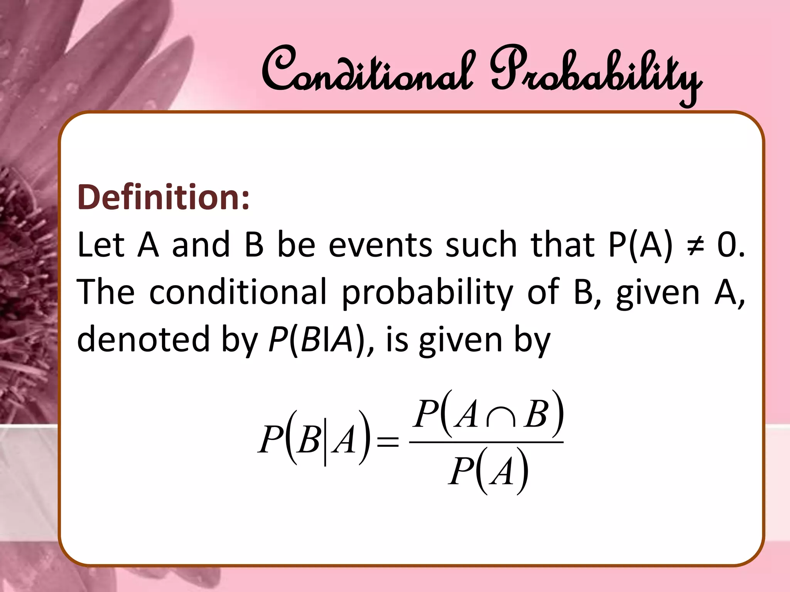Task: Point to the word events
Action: tap(380, 246)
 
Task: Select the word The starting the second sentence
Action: tap(106, 292)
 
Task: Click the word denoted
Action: tap(143, 339)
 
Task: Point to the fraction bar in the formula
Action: tap(486, 442)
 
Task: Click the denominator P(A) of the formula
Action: tap(488, 472)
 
